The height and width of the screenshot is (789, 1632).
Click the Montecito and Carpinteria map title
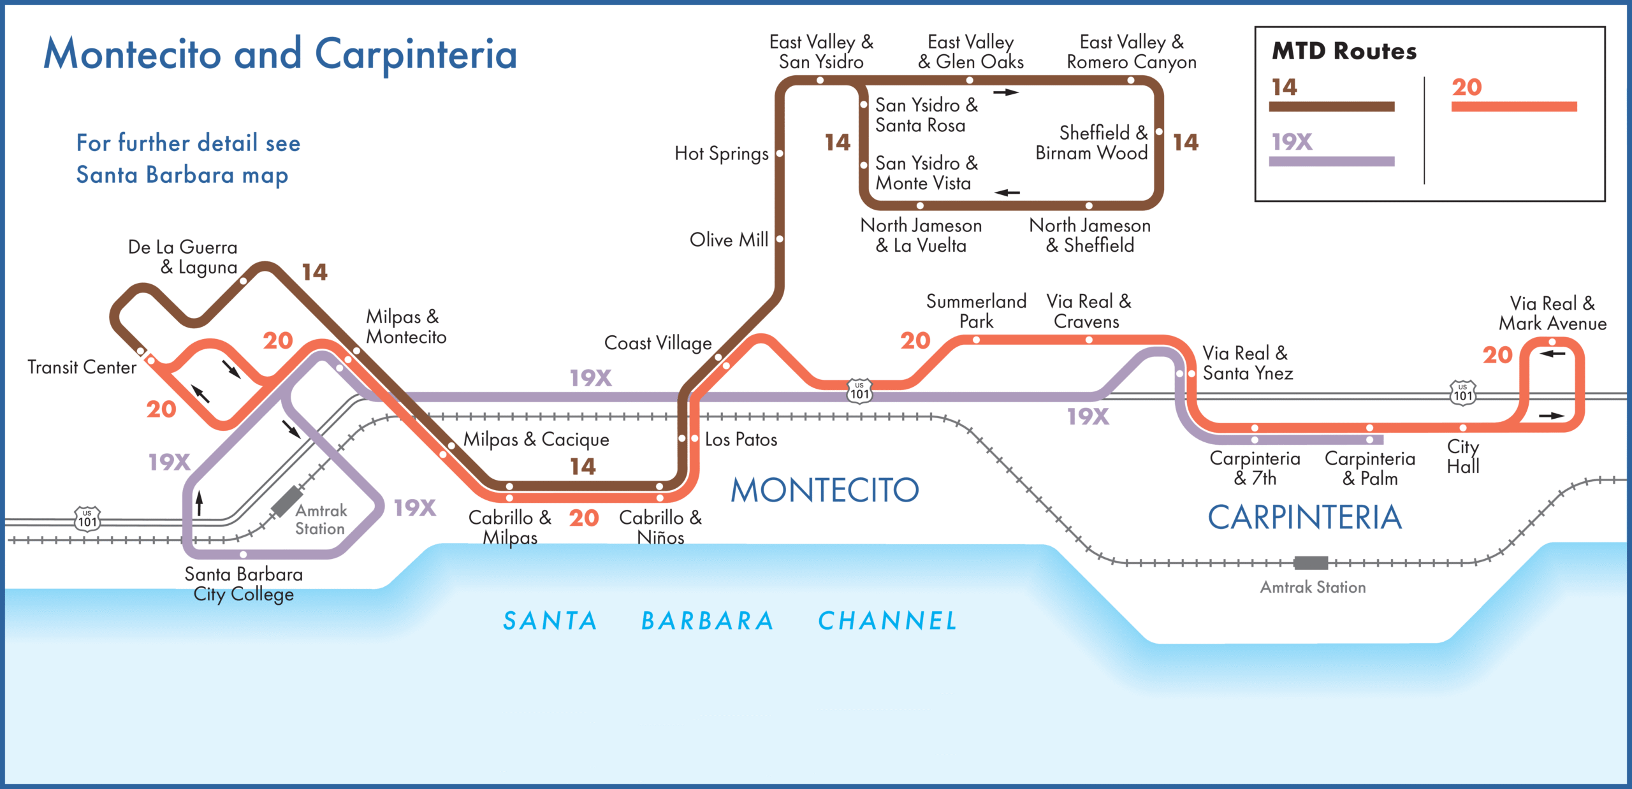(280, 54)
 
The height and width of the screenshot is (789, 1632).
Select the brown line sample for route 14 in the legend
(1331, 106)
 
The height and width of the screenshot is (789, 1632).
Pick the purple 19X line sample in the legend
(1331, 161)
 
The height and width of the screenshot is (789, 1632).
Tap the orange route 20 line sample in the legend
(1513, 106)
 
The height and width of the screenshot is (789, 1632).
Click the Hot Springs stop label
(721, 154)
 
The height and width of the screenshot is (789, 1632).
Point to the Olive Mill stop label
(729, 240)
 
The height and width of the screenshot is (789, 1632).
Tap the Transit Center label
(82, 367)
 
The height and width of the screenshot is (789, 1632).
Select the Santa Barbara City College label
(244, 584)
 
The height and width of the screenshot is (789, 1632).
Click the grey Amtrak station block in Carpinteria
(1311, 563)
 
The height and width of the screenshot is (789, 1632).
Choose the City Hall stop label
(1462, 456)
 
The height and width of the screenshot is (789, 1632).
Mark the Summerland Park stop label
(976, 311)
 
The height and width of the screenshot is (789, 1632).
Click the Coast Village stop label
(657, 343)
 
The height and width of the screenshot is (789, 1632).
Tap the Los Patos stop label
(741, 439)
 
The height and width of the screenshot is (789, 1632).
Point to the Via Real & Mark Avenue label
(1552, 313)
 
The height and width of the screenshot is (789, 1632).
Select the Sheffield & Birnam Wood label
(1091, 143)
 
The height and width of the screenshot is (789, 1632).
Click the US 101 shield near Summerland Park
(859, 390)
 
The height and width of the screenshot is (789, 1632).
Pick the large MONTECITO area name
(824, 490)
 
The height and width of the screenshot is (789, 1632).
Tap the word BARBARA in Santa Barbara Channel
(708, 620)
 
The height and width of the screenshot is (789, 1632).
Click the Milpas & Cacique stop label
(536, 439)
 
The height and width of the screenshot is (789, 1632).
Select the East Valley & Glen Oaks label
(970, 52)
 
